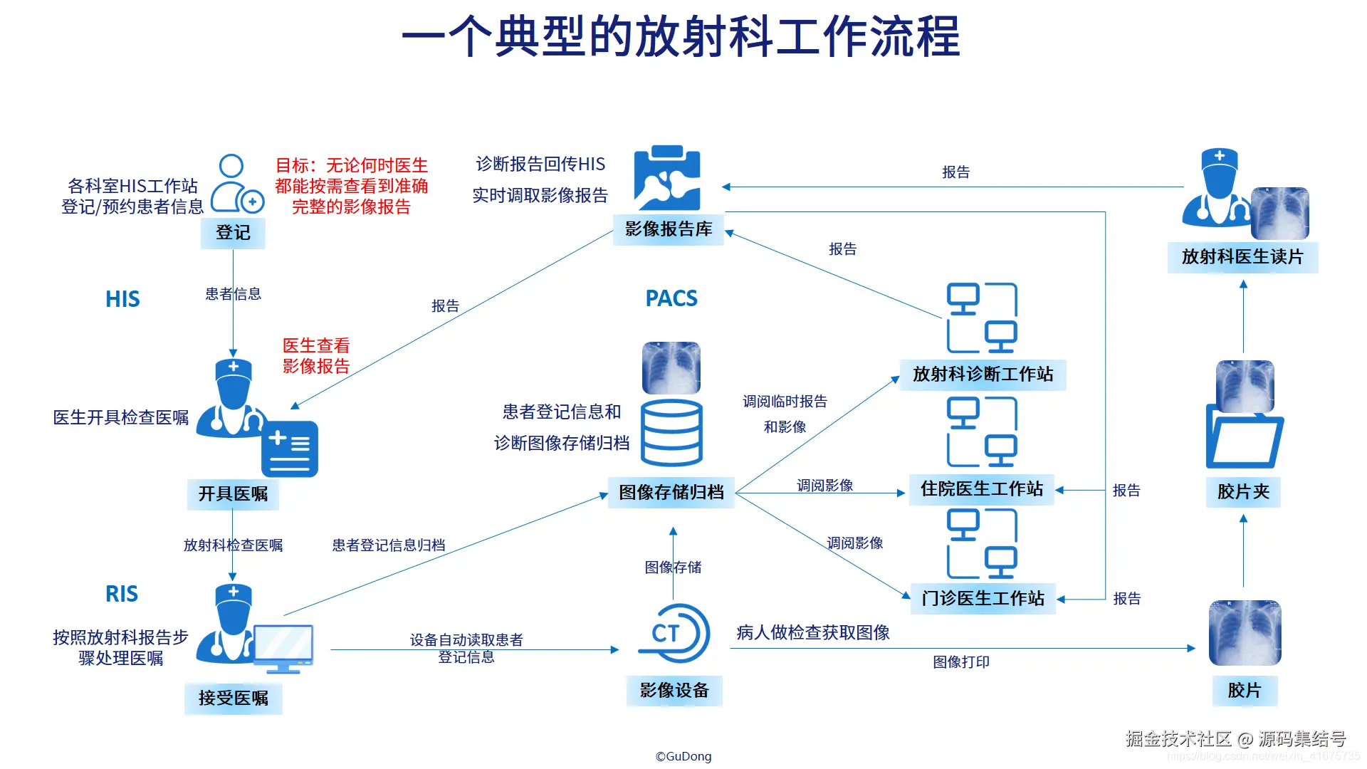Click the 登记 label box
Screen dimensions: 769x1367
click(x=233, y=233)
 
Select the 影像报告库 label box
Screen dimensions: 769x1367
click(x=669, y=229)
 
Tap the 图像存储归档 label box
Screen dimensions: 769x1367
click(x=671, y=493)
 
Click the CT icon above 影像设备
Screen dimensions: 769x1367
click(x=674, y=633)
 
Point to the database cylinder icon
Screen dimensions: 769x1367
click(x=671, y=432)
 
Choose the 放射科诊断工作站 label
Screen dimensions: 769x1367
click(x=983, y=375)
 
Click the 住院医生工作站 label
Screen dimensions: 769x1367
click(x=981, y=489)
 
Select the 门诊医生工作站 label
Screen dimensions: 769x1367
click(x=983, y=598)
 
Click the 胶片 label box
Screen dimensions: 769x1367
click(x=1244, y=690)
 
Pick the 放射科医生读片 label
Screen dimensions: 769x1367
click(x=1242, y=257)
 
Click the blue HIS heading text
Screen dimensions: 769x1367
click(x=122, y=299)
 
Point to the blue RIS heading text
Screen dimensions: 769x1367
click(x=122, y=594)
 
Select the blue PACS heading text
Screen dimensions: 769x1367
click(x=671, y=298)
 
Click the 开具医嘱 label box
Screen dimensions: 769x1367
click(x=233, y=494)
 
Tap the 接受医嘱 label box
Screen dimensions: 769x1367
click(x=233, y=699)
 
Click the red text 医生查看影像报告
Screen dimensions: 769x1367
click(x=316, y=356)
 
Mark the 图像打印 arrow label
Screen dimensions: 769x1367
click(x=961, y=662)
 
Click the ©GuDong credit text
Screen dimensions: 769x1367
click(x=683, y=756)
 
